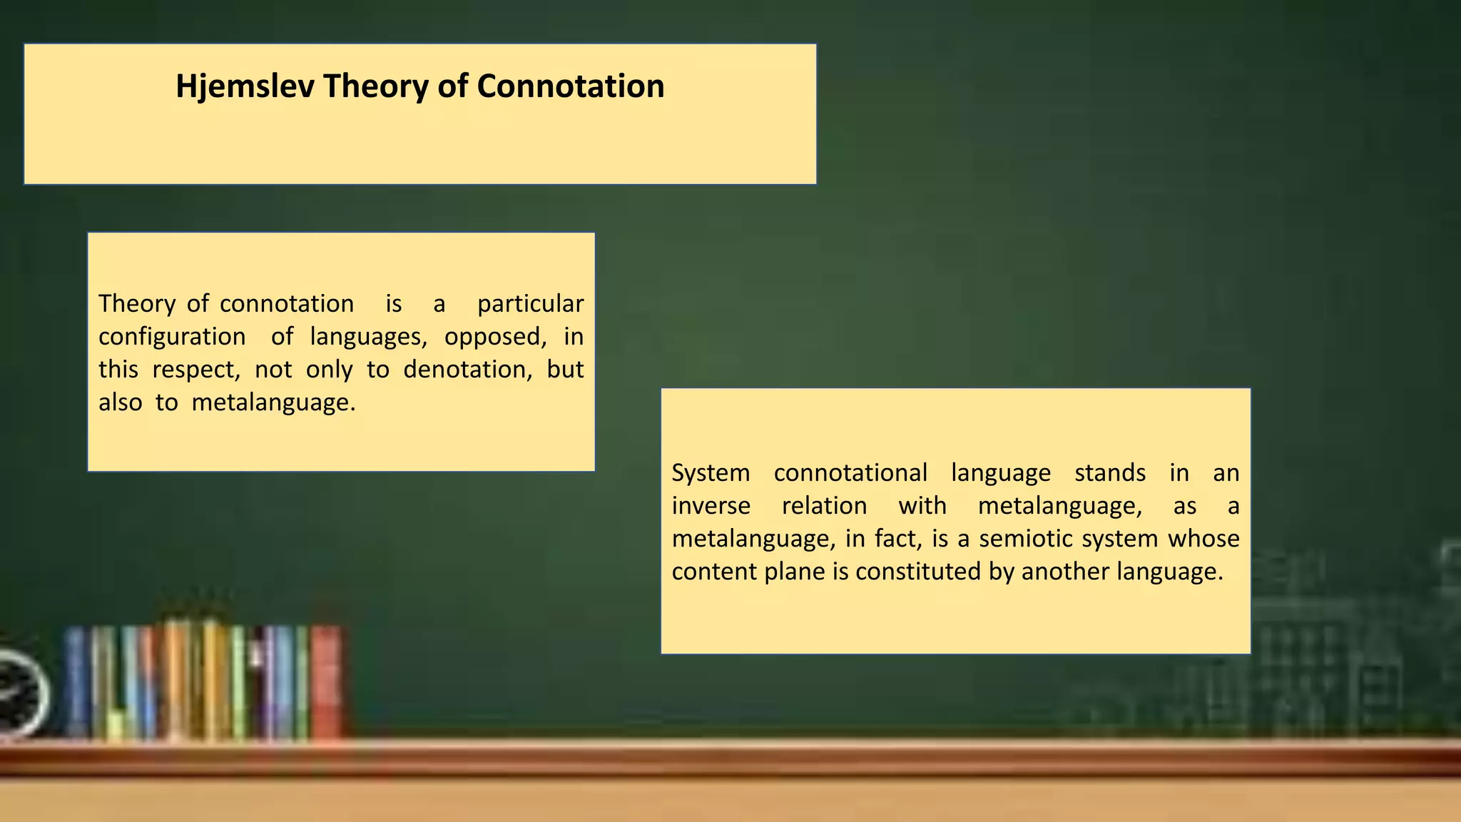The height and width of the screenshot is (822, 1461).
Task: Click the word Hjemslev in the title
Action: [x=245, y=86]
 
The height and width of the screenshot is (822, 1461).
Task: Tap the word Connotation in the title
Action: [x=570, y=86]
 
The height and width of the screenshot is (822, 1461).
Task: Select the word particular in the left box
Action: [x=530, y=304]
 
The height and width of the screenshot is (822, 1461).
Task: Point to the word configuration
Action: [x=172, y=337]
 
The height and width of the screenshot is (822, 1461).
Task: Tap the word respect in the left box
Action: [x=195, y=370]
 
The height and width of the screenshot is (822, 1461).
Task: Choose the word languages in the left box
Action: [x=367, y=337]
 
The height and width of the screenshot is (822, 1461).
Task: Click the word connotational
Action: [x=850, y=473]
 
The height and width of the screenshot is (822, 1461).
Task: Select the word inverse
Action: [x=711, y=506]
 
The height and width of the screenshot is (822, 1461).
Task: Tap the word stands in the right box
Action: [x=1110, y=473]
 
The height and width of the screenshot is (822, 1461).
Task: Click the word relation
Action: [x=824, y=506]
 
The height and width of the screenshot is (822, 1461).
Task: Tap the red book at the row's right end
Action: [x=326, y=681]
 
